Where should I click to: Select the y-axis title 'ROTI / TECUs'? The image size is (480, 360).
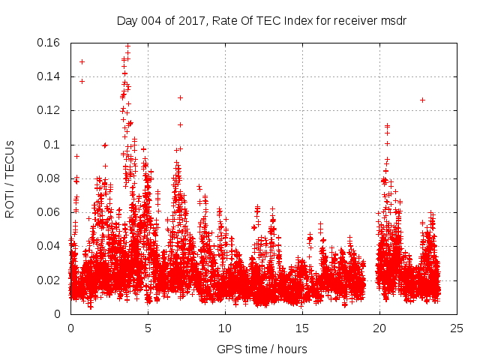pyautogui.click(x=10, y=178)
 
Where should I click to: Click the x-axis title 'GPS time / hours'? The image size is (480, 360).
pyautogui.click(x=262, y=349)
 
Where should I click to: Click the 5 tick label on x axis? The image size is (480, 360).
pyautogui.click(x=148, y=328)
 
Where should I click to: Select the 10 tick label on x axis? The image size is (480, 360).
pyautogui.click(x=225, y=328)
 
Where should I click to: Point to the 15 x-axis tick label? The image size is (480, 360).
pyautogui.click(x=302, y=328)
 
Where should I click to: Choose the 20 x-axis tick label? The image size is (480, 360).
pyautogui.click(x=379, y=328)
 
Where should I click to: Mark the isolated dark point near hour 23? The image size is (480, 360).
pyautogui.click(x=422, y=100)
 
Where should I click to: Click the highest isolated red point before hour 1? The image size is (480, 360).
pyautogui.click(x=82, y=61)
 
